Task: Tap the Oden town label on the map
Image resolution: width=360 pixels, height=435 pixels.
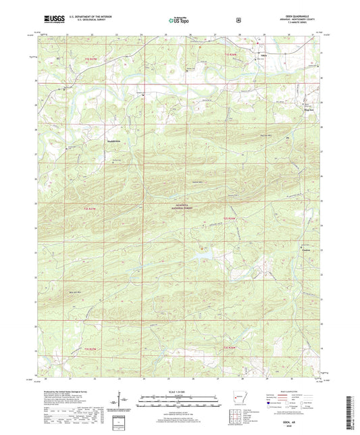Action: (x=265, y=57)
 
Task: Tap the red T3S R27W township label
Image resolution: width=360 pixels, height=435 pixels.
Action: (x=91, y=348)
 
